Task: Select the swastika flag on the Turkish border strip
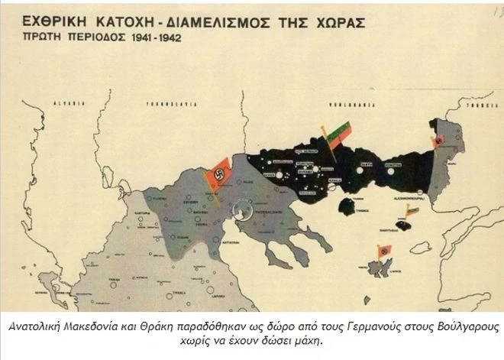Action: point(438,142)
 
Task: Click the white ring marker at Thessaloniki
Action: point(244,206)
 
